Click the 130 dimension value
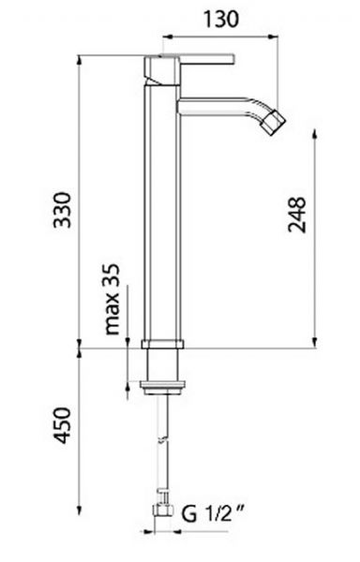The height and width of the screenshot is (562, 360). click(221, 19)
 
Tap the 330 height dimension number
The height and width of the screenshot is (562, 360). click(63, 210)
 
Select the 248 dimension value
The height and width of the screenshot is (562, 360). click(297, 214)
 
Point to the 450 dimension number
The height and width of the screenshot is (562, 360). click(63, 425)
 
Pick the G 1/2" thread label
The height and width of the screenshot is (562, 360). click(213, 514)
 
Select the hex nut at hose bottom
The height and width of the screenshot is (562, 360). click(162, 510)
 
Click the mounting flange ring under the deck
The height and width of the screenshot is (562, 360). click(163, 388)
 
